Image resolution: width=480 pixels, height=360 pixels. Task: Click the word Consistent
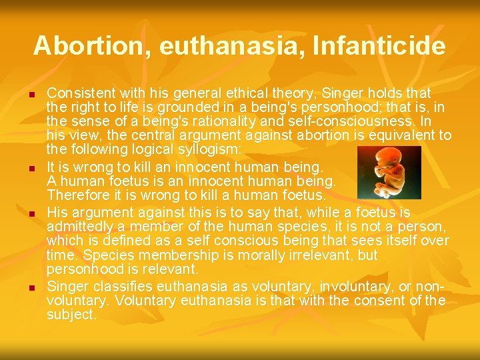80,93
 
